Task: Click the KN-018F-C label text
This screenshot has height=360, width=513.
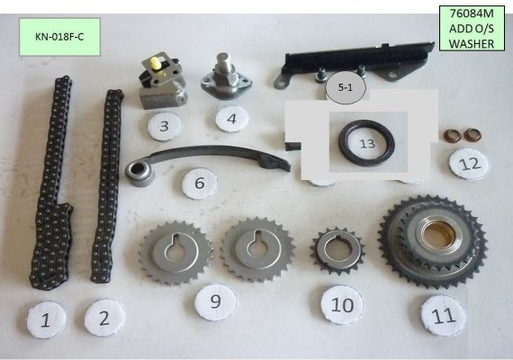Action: [x=59, y=37]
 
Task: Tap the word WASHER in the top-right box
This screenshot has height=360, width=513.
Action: [x=472, y=43]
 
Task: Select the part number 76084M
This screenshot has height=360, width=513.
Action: [x=472, y=13]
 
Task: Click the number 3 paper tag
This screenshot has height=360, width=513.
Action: [x=164, y=126]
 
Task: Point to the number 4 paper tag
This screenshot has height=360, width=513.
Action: [x=231, y=119]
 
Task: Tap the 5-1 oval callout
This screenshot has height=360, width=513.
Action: [x=346, y=87]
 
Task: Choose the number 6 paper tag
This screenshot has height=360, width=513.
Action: [x=200, y=184]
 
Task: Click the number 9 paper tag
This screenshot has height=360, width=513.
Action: [x=216, y=301]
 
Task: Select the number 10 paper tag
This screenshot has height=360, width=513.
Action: [x=342, y=305]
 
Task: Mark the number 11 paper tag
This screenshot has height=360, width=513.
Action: [x=444, y=316]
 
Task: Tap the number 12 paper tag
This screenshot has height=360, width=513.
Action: [x=470, y=164]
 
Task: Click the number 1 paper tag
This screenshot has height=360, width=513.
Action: [x=46, y=319]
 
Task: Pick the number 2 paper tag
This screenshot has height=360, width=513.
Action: [x=104, y=318]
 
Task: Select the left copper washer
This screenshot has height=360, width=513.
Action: [x=452, y=136]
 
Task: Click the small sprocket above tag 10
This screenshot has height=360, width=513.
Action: [x=337, y=251]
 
